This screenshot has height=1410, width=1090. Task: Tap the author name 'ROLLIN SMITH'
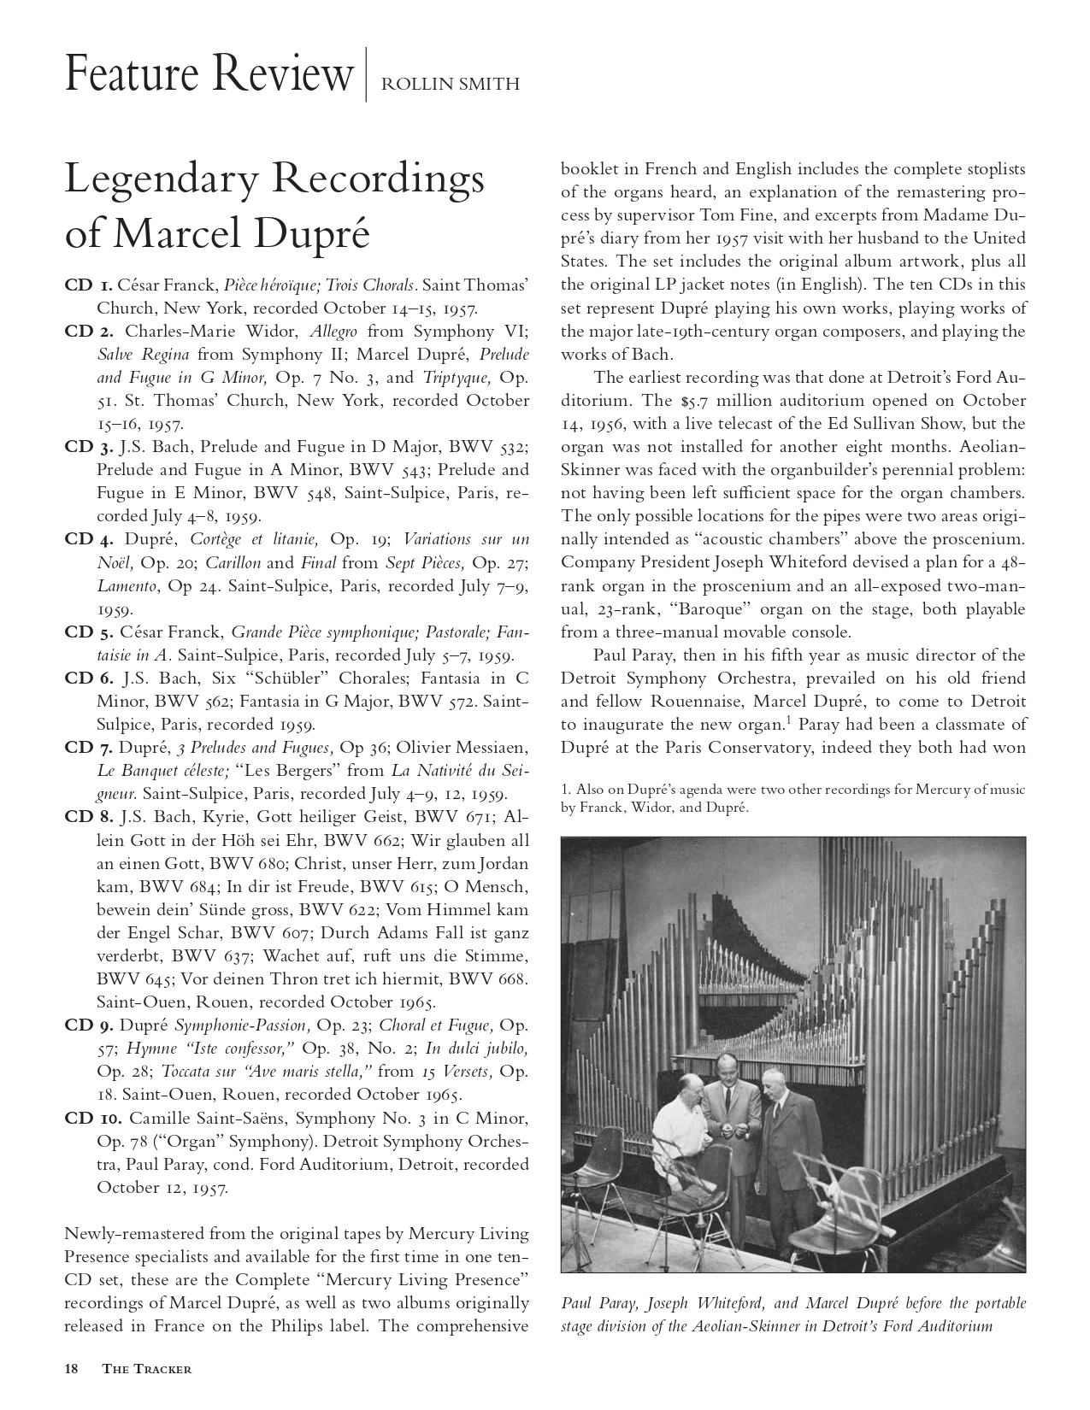coord(449,84)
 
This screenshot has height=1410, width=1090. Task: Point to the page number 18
coord(72,1368)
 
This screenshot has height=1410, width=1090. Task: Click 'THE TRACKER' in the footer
coord(146,1369)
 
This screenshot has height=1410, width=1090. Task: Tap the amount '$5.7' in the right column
coord(703,401)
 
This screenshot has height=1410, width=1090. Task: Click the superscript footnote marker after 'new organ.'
coord(792,720)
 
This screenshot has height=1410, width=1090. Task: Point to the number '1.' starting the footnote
coord(566,790)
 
